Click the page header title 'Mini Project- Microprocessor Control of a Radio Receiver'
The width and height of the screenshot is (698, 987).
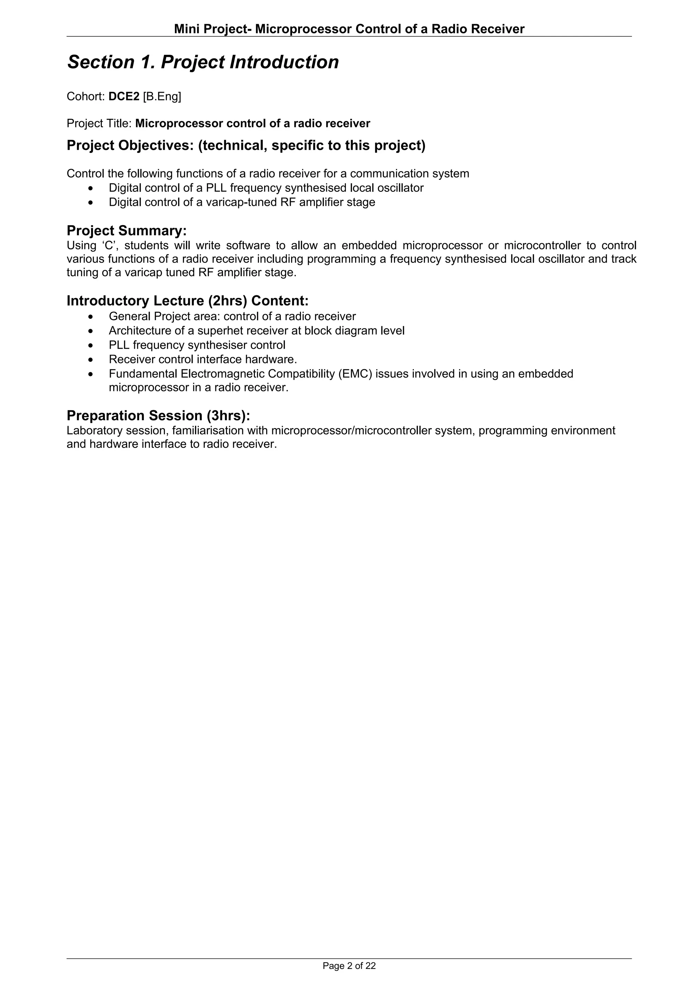pos(349,29)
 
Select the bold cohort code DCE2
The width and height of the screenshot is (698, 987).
pos(124,97)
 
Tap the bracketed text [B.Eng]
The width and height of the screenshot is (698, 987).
pos(162,97)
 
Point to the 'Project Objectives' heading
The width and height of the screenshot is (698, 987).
pos(246,146)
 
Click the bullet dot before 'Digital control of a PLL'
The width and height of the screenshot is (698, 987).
pos(90,188)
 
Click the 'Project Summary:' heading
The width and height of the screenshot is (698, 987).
pos(126,231)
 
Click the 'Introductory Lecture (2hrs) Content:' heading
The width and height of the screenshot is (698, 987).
pos(187,300)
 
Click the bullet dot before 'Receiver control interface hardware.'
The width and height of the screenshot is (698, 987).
pos(90,359)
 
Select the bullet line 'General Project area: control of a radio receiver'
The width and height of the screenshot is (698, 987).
pos(232,316)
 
